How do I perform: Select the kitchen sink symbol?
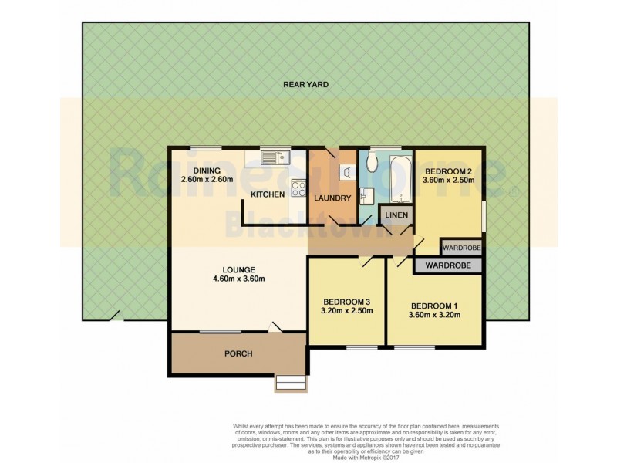(272, 158)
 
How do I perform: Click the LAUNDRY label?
(333, 198)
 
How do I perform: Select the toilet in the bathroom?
(371, 161)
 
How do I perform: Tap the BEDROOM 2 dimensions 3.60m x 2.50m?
(448, 181)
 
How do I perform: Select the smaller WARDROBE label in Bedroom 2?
(460, 248)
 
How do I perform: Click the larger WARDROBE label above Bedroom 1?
(448, 266)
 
